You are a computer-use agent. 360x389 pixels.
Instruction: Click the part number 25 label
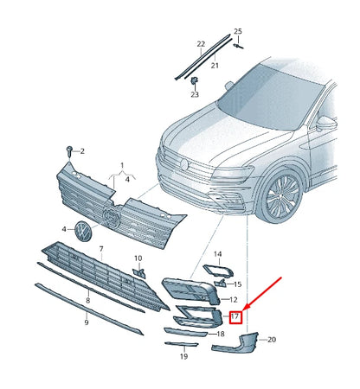pyautogui.click(x=238, y=31)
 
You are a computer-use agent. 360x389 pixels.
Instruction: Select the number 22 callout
pyautogui.click(x=201, y=43)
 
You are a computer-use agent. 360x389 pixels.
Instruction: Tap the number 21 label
pyautogui.click(x=215, y=65)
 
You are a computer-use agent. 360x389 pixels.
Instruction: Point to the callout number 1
pyautogui.click(x=121, y=164)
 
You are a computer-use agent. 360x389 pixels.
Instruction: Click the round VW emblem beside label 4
pyautogui.click(x=83, y=232)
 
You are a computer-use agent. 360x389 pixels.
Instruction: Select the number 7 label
pyautogui.click(x=100, y=249)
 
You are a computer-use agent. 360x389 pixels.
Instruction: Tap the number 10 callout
pyautogui.click(x=138, y=258)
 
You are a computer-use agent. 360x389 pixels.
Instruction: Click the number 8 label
pyautogui.click(x=87, y=301)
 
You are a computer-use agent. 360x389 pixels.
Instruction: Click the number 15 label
pyautogui.click(x=238, y=284)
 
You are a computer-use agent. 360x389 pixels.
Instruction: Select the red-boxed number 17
pyautogui.click(x=235, y=316)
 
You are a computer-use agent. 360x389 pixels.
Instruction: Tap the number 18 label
pyautogui.click(x=220, y=334)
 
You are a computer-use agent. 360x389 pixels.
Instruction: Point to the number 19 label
pyautogui.click(x=183, y=355)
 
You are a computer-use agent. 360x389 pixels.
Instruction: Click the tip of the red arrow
pyautogui.click(x=246, y=309)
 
